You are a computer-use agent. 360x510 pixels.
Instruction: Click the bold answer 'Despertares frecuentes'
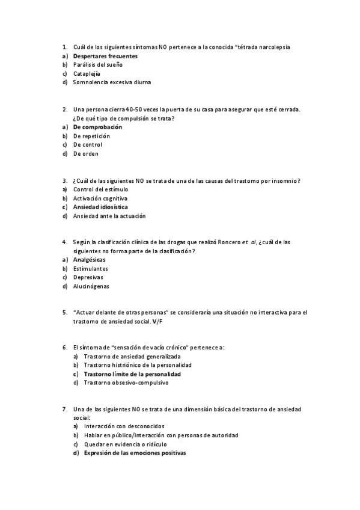pyautogui.click(x=105, y=55)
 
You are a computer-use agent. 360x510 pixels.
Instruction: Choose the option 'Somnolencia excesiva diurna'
pyautogui.click(x=112, y=82)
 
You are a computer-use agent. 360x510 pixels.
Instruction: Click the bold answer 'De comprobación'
pyautogui.click(x=97, y=127)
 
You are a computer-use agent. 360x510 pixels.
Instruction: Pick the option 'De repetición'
pyautogui.click(x=91, y=136)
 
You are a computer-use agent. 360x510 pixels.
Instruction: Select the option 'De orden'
pyautogui.click(x=85, y=153)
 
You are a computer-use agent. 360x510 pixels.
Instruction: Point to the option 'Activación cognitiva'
pyautogui.click(x=100, y=198)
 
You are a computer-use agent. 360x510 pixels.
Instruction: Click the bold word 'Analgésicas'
pyautogui.click(x=90, y=260)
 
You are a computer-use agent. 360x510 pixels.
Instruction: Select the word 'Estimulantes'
pyautogui.click(x=91, y=269)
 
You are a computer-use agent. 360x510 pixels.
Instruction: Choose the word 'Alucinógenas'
pyautogui.click(x=91, y=286)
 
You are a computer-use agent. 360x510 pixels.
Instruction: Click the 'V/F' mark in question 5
pyautogui.click(x=157, y=322)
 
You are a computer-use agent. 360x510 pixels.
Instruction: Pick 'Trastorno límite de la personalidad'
pyautogui.click(x=132, y=373)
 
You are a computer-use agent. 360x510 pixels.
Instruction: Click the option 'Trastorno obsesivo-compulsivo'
pyautogui.click(x=126, y=382)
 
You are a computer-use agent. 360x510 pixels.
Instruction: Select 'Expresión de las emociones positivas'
pyautogui.click(x=135, y=453)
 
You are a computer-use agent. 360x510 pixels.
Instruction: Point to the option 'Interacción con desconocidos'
pyautogui.click(x=124, y=426)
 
